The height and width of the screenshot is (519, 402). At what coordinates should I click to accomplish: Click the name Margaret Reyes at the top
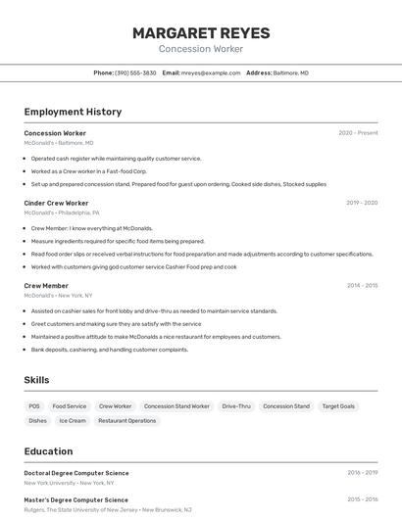tap(201, 33)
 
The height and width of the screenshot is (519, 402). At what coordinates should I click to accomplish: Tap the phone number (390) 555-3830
tap(135, 72)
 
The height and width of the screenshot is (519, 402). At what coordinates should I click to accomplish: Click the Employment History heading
tap(73, 112)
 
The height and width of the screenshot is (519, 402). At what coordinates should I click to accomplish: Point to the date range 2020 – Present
tap(358, 133)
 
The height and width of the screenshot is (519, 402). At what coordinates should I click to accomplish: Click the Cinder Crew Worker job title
tap(56, 203)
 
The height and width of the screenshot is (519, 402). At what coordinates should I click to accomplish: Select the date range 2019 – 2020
tap(362, 203)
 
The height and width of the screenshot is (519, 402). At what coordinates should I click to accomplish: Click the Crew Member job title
tap(46, 286)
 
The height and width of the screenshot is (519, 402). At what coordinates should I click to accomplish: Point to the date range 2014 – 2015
tap(362, 286)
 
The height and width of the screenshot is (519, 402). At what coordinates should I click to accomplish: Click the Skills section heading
tap(36, 380)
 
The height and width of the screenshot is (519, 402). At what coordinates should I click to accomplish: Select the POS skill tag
tap(34, 405)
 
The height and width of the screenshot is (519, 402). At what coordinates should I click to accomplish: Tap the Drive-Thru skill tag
tap(236, 405)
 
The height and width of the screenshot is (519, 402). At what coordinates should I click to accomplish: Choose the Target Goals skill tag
tap(338, 405)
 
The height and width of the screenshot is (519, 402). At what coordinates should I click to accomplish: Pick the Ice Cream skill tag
tap(73, 420)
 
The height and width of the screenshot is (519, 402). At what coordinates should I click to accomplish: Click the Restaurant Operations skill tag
tap(126, 420)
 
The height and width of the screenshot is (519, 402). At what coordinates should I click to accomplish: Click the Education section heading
tap(48, 451)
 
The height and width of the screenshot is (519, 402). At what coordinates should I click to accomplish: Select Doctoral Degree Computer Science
tap(76, 473)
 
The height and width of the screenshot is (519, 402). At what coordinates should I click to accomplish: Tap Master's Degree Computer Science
tap(75, 498)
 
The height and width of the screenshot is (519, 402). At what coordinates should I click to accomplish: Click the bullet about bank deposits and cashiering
tap(110, 349)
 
